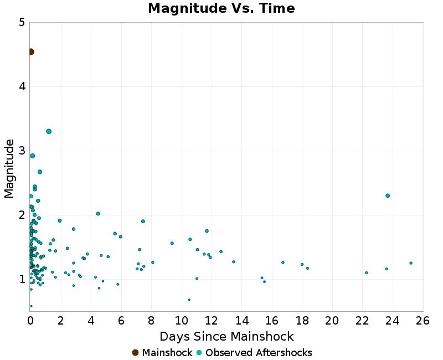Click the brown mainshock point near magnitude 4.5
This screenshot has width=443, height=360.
(x=31, y=52)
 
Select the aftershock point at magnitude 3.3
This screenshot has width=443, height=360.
(x=49, y=131)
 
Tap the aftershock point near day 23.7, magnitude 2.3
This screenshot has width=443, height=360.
(x=388, y=196)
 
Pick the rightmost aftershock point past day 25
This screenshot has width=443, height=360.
(x=411, y=263)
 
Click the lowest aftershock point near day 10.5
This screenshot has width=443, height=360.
(x=189, y=300)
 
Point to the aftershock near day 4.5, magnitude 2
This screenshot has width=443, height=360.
(x=98, y=214)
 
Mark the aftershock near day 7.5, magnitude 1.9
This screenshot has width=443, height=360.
(x=143, y=222)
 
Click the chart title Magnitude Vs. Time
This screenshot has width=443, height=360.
(x=221, y=9)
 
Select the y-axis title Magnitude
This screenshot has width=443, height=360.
(x=9, y=168)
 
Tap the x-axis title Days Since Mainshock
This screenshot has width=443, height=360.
(x=226, y=336)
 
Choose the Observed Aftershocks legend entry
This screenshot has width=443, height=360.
(x=254, y=353)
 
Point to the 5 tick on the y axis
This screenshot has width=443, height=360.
(x=22, y=23)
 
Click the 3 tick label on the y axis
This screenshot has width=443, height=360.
(x=22, y=151)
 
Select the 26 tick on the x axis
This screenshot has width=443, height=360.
(x=423, y=321)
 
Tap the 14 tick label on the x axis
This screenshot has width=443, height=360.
(x=241, y=321)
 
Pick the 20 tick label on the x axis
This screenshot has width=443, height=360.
(x=332, y=321)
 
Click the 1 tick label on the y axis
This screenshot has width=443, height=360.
(x=22, y=279)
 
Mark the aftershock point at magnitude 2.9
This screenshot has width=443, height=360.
(x=33, y=156)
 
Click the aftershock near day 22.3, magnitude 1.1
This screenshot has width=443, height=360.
(x=367, y=272)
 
